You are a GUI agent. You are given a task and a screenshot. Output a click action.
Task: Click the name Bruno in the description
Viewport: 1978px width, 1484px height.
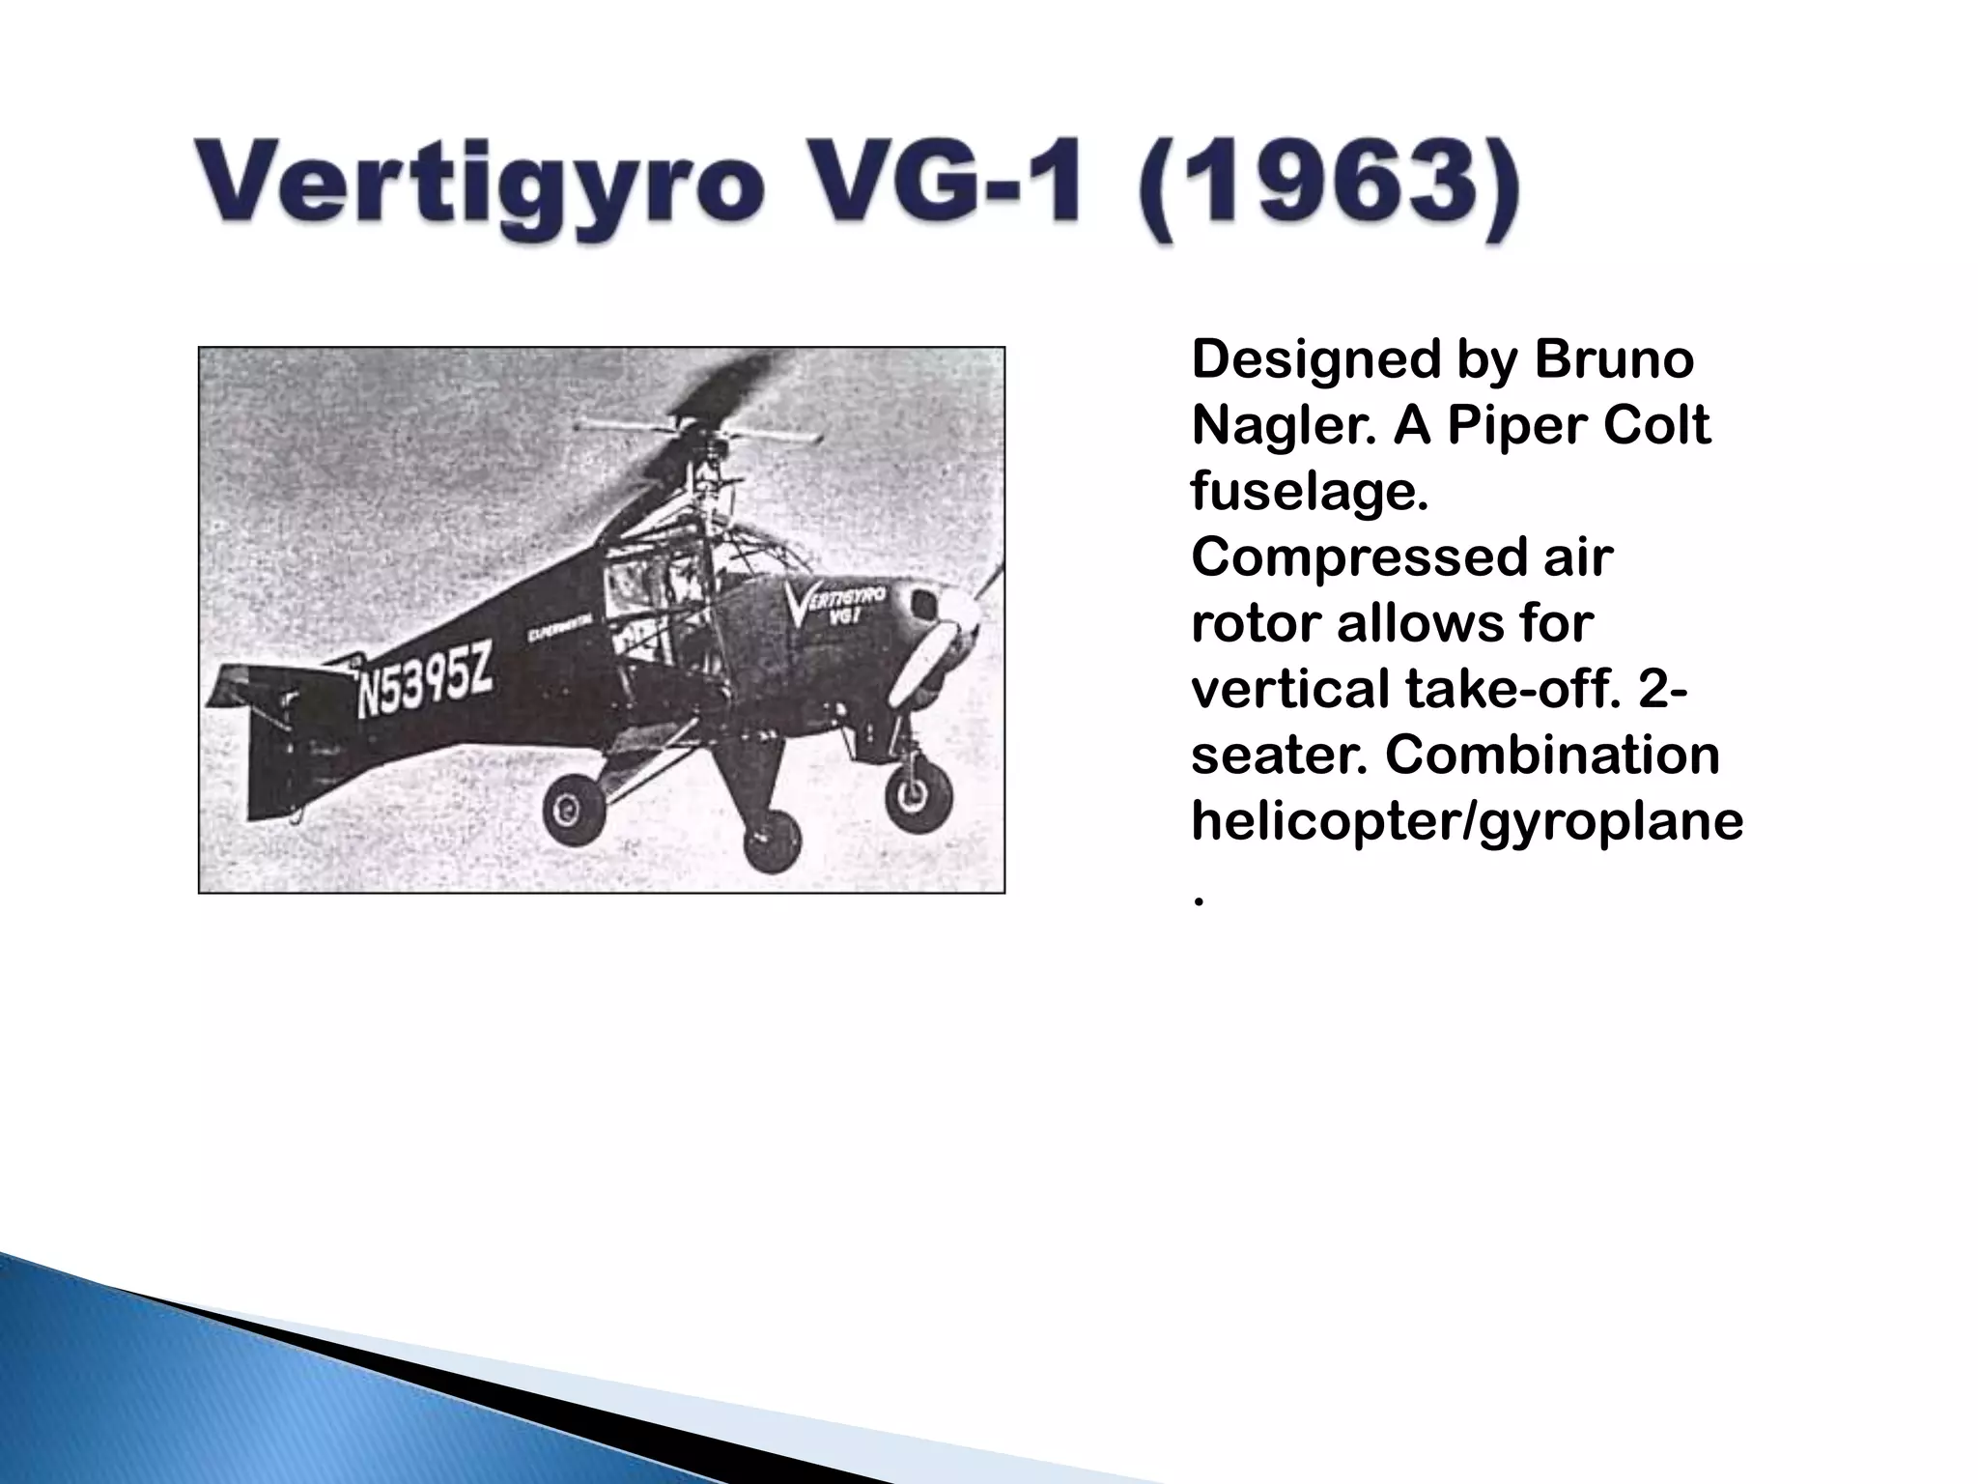(x=1613, y=359)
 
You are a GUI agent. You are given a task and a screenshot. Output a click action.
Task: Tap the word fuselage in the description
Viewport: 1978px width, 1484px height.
(x=1309, y=491)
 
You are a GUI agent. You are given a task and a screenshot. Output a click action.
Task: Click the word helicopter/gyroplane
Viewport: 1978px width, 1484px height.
(x=1466, y=821)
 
